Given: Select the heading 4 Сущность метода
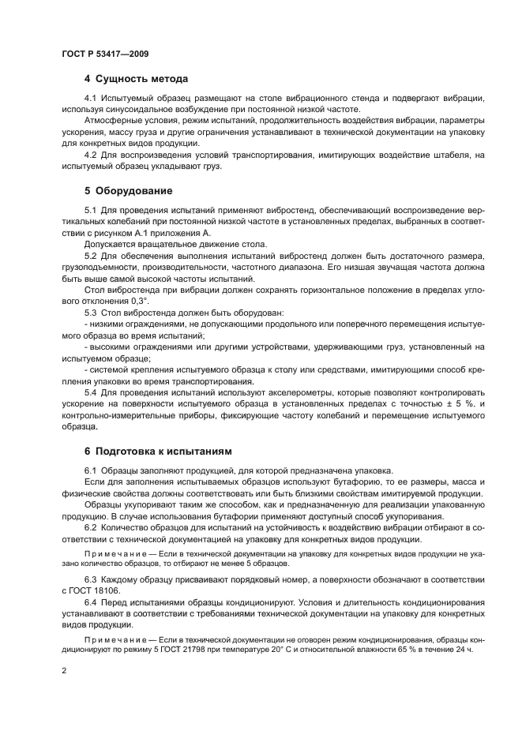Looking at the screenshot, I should [x=136, y=79].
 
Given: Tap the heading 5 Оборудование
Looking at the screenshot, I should [x=128, y=190].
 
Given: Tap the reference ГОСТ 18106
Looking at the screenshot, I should [x=100, y=590].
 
